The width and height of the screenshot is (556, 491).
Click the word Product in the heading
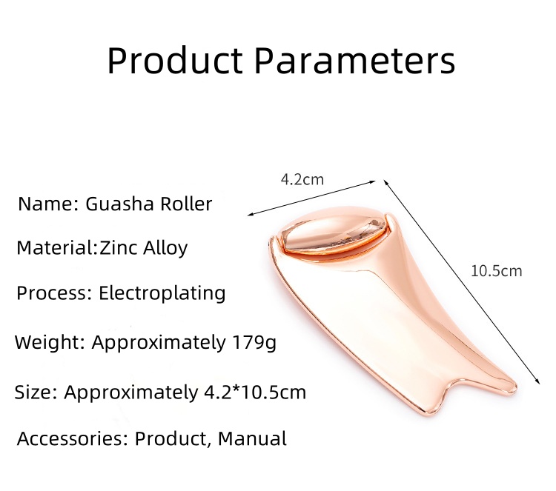[x=175, y=60]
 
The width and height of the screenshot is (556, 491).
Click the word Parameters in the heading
[x=355, y=60]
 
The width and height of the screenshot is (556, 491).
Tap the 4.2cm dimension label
[x=302, y=179]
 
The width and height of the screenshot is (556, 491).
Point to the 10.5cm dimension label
[x=497, y=271]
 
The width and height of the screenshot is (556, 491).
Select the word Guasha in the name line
[x=120, y=204]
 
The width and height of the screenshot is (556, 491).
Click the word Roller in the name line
[x=186, y=204]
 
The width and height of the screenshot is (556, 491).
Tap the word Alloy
[x=165, y=248]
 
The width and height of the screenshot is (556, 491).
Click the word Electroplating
[x=162, y=294]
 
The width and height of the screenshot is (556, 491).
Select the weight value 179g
[x=254, y=343]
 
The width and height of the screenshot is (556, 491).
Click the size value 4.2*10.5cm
[x=255, y=392]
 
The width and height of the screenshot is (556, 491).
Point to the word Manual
[x=252, y=438]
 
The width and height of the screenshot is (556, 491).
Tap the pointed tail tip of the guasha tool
[x=513, y=385]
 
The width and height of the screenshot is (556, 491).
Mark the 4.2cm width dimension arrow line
[x=311, y=198]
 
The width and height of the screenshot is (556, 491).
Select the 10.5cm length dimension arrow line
[x=462, y=282]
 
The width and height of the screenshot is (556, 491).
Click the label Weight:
[x=50, y=343]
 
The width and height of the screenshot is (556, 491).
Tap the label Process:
[x=54, y=294]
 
